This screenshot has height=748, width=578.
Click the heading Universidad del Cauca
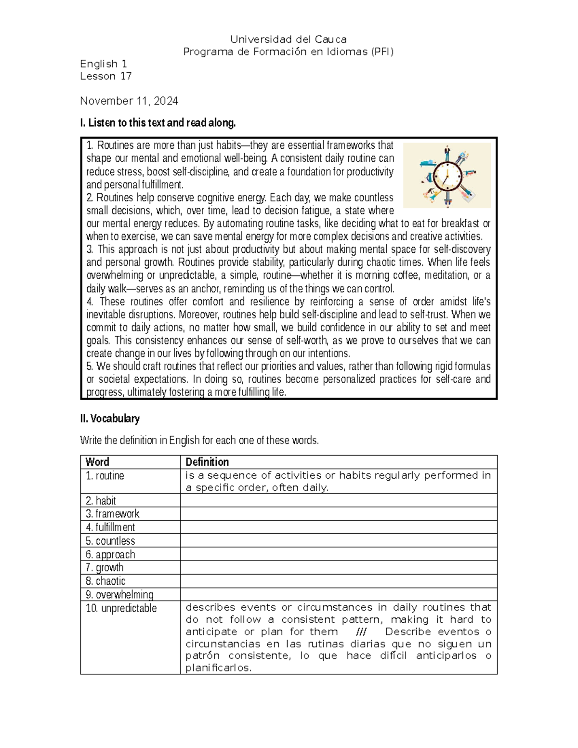[289, 39]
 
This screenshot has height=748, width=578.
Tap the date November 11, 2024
[129, 101]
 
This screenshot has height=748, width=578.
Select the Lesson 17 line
[105, 76]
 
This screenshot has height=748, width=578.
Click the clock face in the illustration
[447, 176]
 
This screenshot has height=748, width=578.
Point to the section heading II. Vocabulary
[110, 419]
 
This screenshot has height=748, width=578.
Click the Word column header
[97, 462]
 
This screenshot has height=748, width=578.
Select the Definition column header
[207, 462]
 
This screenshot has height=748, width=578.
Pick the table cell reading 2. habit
[101, 500]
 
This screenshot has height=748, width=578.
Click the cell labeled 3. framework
[112, 514]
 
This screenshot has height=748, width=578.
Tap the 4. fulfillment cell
[110, 527]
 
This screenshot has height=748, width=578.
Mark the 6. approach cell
[110, 554]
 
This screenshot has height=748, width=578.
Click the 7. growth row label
[105, 567]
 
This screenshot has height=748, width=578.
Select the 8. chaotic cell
[105, 581]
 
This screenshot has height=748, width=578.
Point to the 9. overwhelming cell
[119, 594]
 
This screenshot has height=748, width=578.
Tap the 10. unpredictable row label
[121, 608]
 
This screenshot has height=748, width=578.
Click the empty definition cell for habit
[339, 500]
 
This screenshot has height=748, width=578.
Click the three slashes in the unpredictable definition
[361, 632]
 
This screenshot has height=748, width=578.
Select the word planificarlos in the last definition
[218, 668]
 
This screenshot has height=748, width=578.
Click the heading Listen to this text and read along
[158, 123]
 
